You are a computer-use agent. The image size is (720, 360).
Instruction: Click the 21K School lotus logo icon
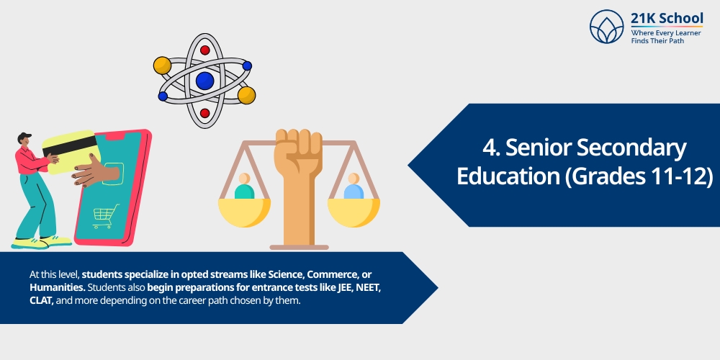click(606, 27)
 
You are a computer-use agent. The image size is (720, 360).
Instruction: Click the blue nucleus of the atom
click(204, 81)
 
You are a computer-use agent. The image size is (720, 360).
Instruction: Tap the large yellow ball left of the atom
click(162, 66)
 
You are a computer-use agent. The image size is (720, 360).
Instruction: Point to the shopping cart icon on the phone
click(105, 215)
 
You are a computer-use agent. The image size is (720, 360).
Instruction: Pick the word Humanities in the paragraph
click(55, 287)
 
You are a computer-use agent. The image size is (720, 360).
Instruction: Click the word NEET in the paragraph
click(368, 287)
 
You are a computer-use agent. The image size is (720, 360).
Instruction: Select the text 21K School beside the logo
click(667, 18)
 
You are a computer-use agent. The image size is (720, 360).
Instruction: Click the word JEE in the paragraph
click(336, 287)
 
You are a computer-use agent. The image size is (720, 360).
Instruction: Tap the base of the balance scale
click(299, 247)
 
